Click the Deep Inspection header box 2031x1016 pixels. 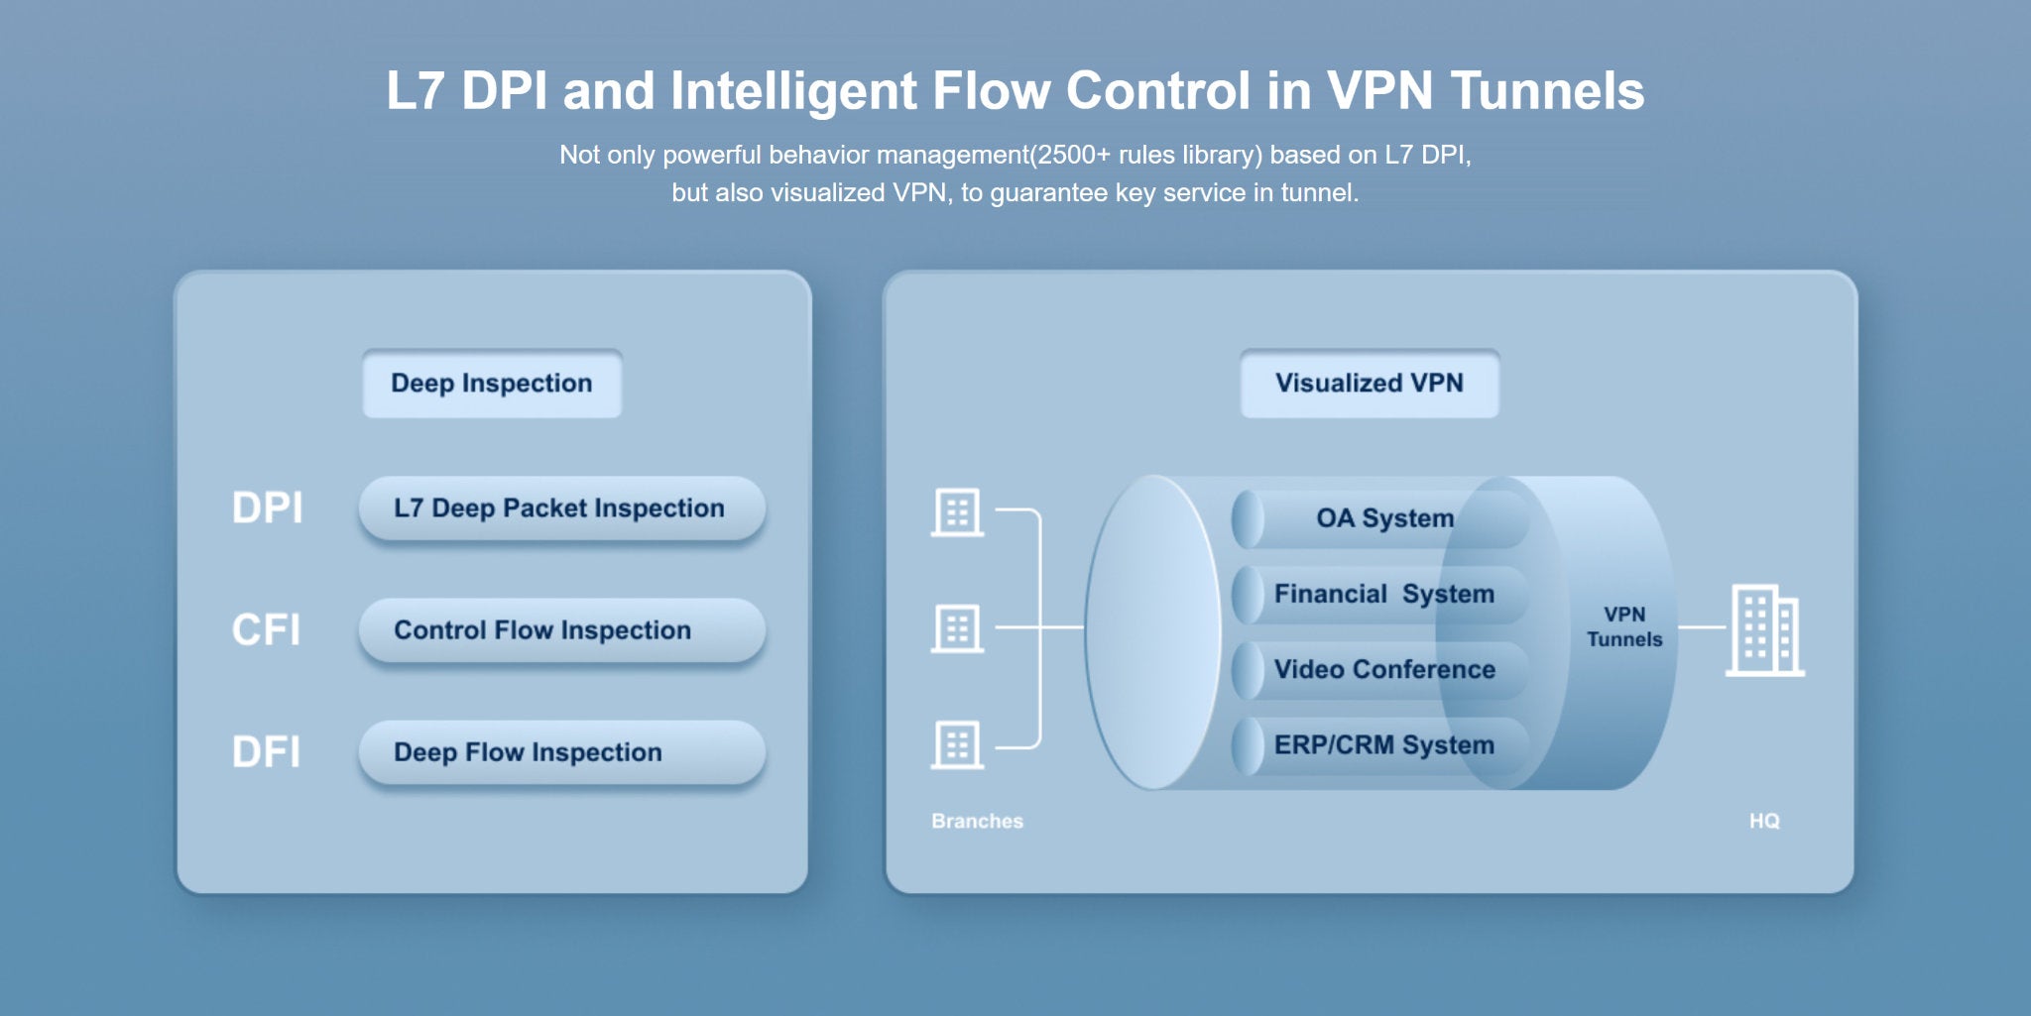[492, 384]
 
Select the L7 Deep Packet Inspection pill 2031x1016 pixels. [561, 508]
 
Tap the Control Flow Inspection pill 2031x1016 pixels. [561, 630]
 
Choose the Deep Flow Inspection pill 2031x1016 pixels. [561, 752]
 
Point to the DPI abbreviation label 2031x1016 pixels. [267, 508]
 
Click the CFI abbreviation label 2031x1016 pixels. [266, 630]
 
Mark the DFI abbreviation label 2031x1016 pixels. [266, 752]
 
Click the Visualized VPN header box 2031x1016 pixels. [1370, 384]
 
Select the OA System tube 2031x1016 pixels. [1380, 518]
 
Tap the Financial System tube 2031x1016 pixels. [1380, 595]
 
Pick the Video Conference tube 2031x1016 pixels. [1380, 670]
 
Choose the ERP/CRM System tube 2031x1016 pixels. [1380, 745]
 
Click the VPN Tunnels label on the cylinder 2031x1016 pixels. [1624, 627]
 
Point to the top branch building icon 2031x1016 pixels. [957, 512]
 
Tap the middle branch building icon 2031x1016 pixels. [957, 628]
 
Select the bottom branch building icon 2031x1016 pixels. [957, 744]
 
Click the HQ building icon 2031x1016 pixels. [1765, 630]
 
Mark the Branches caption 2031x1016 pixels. [977, 821]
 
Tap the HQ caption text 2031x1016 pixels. [1764, 821]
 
